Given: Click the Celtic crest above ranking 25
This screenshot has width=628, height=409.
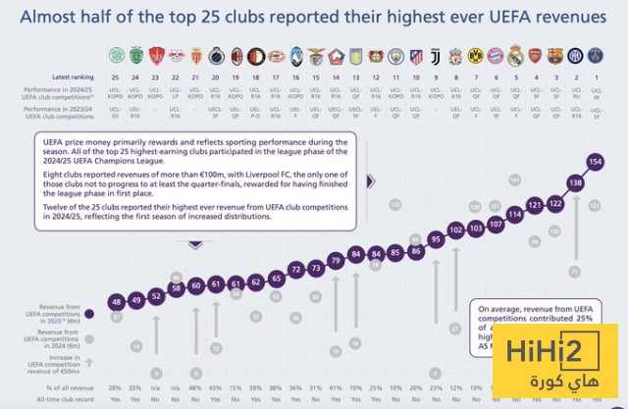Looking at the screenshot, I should point(116,56).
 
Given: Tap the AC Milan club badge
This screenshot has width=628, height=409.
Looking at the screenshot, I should point(236,56).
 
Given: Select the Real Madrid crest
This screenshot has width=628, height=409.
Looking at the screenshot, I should point(515,56).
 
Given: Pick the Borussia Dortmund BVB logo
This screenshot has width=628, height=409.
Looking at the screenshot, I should point(475,56).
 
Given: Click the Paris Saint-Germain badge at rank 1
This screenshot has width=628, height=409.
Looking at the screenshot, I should point(595,56).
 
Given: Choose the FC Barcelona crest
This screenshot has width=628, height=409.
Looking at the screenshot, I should point(555,56).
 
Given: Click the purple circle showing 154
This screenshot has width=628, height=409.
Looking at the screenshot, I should point(596,161).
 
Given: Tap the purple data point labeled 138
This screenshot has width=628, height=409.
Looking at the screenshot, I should point(576,183).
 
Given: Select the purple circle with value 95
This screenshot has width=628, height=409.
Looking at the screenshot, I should point(436,239).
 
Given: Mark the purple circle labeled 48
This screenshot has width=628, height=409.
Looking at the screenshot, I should point(116,301).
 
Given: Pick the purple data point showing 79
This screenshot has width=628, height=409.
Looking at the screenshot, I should point(336,260).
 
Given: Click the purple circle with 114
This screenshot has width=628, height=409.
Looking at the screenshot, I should point(515,214).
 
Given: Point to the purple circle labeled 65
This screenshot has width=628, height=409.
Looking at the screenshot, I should point(276,279).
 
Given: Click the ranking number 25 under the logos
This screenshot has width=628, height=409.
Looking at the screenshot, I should point(116,77).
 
